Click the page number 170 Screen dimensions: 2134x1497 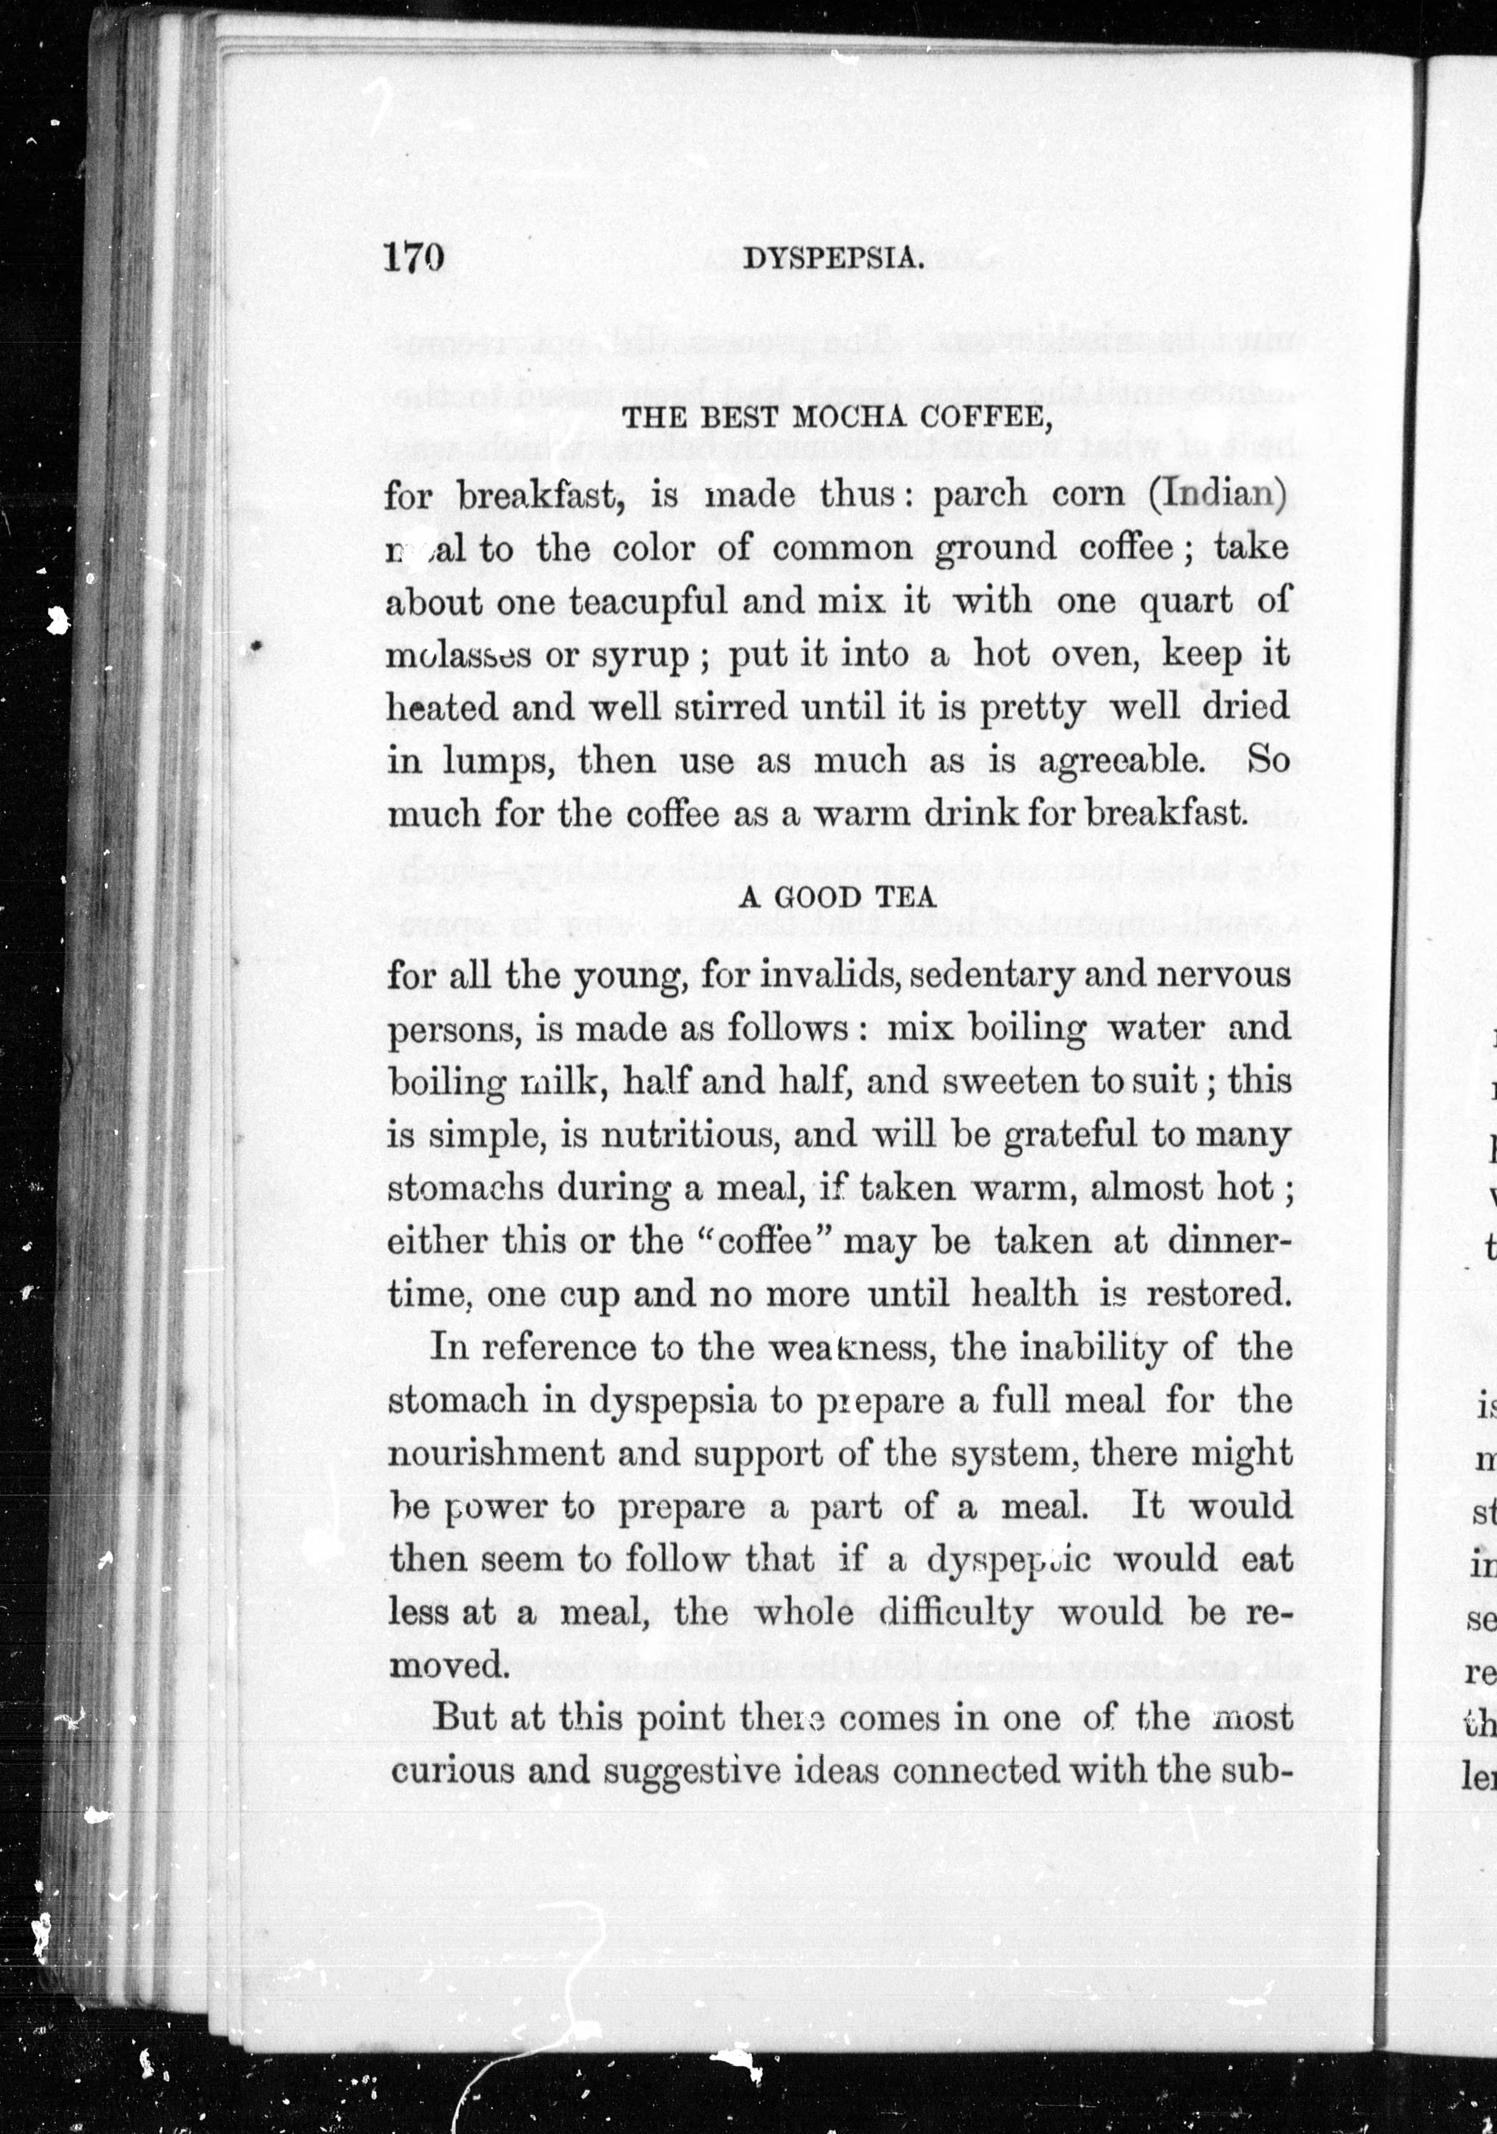(x=414, y=256)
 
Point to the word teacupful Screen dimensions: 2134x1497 (x=648, y=602)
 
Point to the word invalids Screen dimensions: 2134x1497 (x=828, y=975)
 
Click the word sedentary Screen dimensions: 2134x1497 (x=992, y=975)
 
